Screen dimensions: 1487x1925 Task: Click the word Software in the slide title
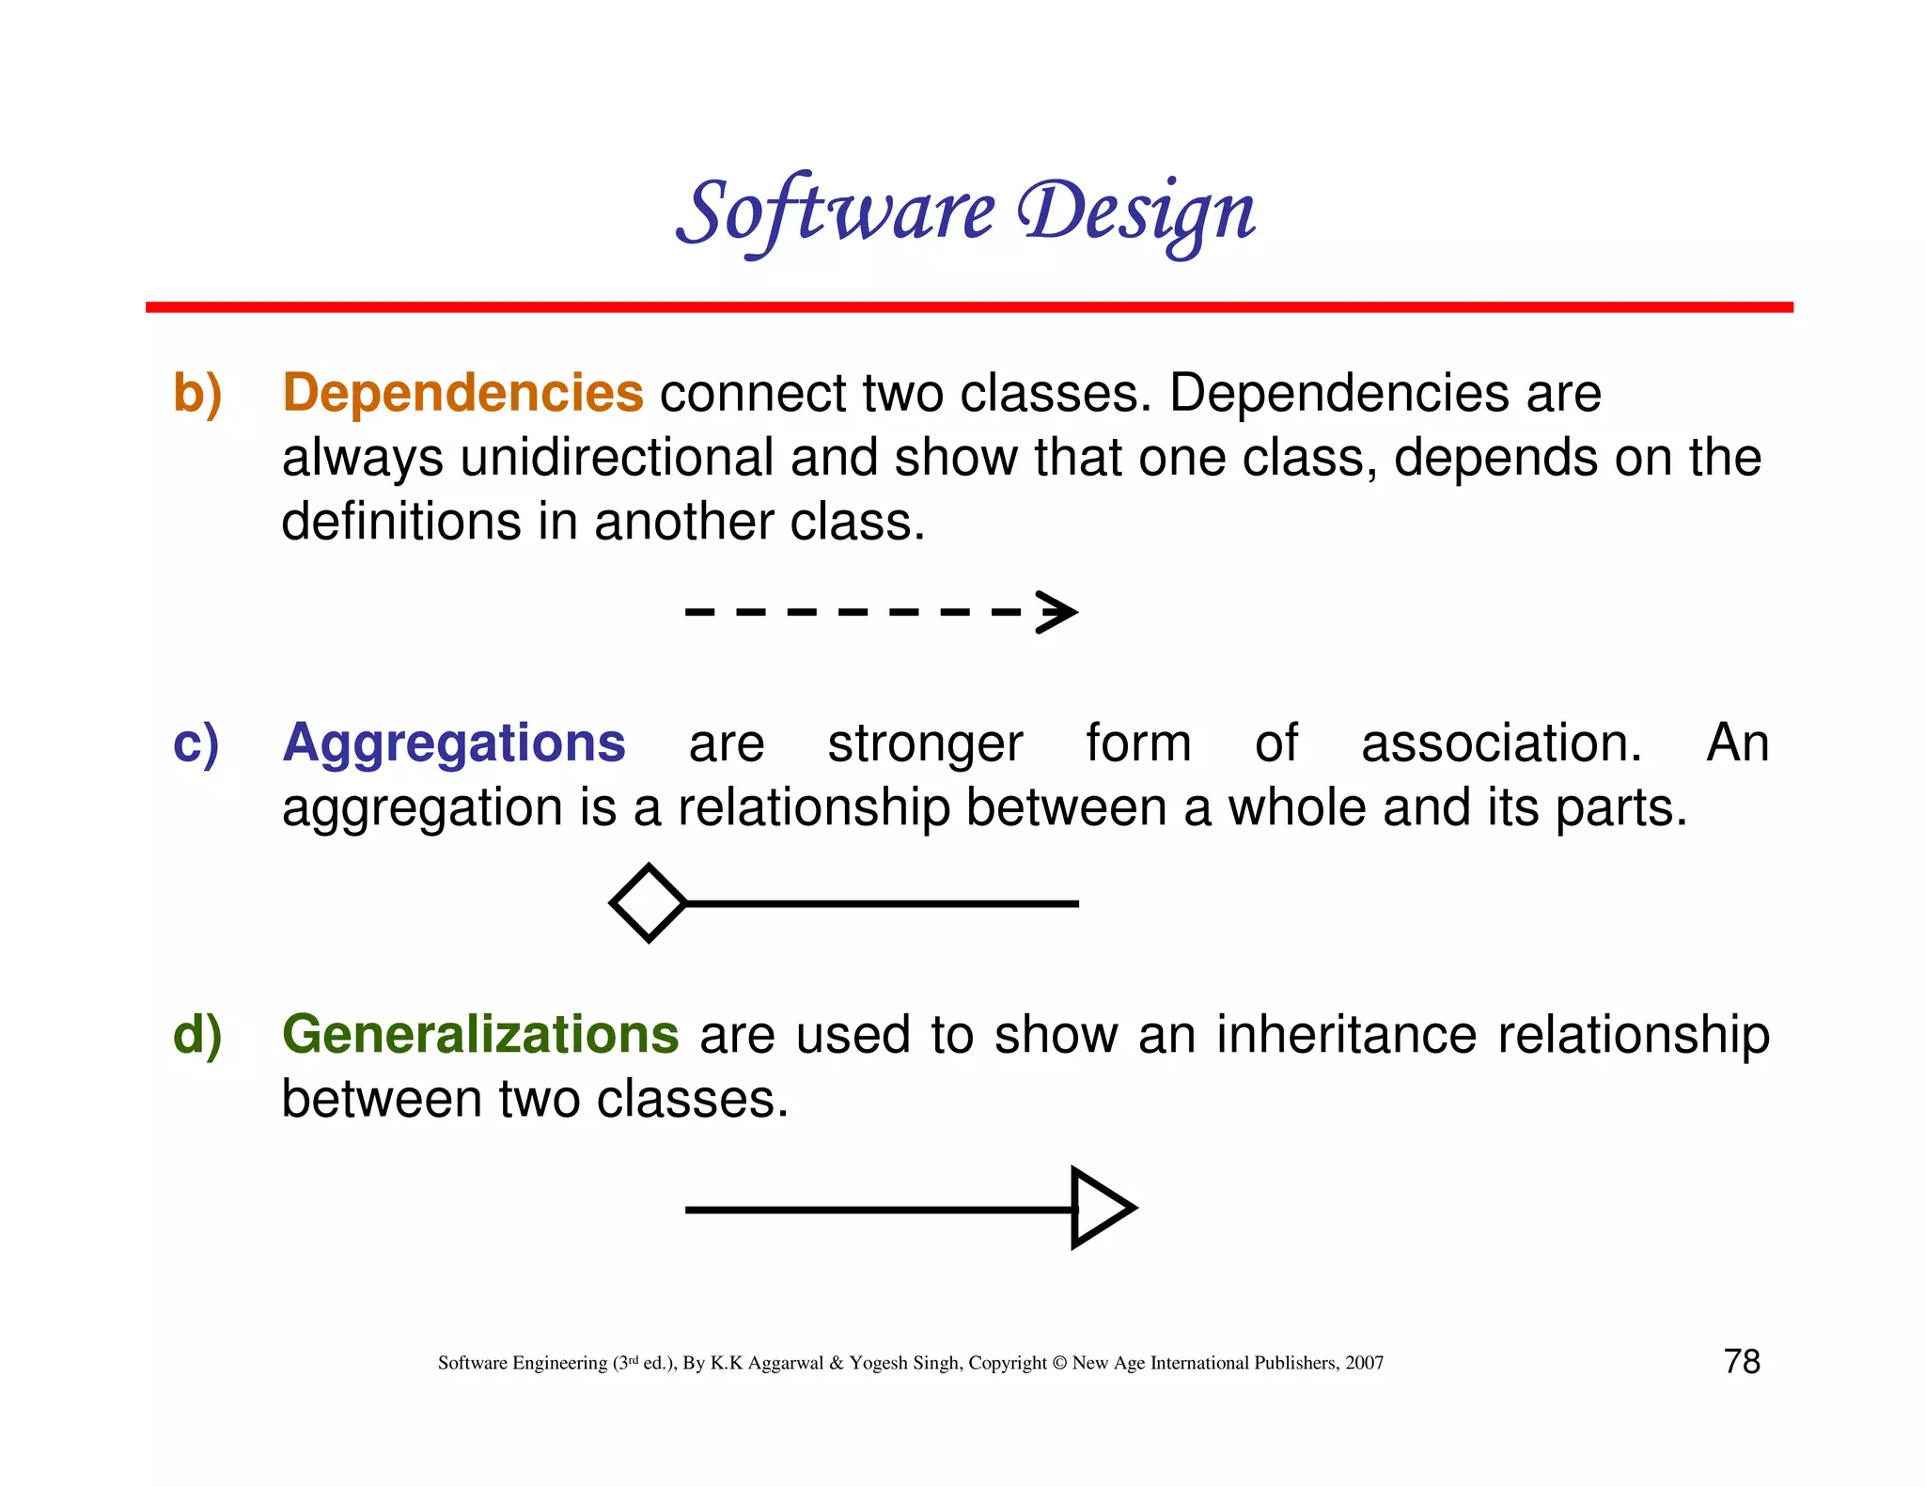[835, 212]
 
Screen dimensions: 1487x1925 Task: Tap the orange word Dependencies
[462, 393]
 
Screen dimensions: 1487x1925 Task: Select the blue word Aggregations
[454, 743]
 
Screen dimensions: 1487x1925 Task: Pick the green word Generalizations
[480, 1034]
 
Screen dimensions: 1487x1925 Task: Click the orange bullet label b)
[197, 393]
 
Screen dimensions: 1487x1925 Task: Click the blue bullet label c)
[196, 743]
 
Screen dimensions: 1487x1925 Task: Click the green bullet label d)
[197, 1034]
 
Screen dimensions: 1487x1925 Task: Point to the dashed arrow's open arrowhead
[1058, 612]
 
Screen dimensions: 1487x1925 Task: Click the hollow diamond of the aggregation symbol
[649, 902]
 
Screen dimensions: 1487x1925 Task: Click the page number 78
[1742, 1361]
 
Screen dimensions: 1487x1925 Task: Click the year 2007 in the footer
[1364, 1363]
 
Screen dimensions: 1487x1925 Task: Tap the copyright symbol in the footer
[1059, 1363]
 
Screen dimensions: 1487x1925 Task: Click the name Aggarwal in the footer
[785, 1363]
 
